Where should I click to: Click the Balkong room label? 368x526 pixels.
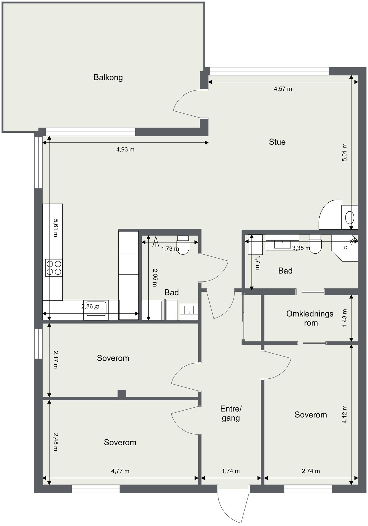click(108, 77)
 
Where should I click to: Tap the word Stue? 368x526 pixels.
click(277, 142)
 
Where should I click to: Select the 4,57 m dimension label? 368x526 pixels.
click(283, 89)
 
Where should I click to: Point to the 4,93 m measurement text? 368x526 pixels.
click(125, 150)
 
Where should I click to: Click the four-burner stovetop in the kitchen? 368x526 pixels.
click(54, 268)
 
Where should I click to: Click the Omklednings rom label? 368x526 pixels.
click(310, 318)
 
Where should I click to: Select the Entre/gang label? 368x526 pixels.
click(231, 413)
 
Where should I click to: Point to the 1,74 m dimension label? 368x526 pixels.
click(231, 471)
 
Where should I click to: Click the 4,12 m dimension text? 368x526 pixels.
click(345, 414)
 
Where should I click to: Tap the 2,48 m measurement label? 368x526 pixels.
click(55, 442)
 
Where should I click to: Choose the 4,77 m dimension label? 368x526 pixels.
click(120, 471)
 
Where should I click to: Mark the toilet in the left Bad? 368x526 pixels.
click(183, 245)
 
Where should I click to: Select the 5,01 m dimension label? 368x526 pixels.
click(345, 152)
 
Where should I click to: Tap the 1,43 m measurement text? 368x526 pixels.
click(345, 318)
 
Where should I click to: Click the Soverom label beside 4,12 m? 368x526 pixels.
click(311, 415)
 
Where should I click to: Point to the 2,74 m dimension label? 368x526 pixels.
click(311, 471)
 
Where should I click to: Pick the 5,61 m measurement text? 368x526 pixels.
click(55, 228)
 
